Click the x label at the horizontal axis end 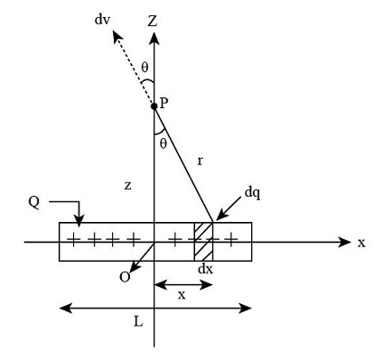tap(361, 242)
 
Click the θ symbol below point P tap(163, 143)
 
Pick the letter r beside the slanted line tap(201, 161)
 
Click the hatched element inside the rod tap(203, 241)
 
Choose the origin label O tap(125, 278)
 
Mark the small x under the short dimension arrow tap(183, 296)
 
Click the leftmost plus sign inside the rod tap(70, 241)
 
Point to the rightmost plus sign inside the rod tap(233, 241)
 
